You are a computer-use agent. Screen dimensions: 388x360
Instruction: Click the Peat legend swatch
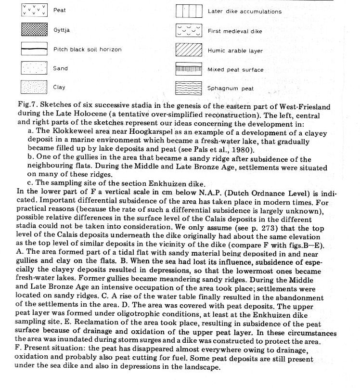(x=35, y=10)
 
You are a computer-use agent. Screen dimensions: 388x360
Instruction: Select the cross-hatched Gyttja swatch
(x=35, y=30)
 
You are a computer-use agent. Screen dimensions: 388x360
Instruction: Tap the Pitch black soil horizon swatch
(x=35, y=49)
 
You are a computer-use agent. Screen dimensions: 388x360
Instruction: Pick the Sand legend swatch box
(x=35, y=68)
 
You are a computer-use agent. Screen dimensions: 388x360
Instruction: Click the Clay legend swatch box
(x=35, y=88)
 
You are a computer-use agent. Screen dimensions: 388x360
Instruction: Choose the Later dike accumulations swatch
(x=189, y=11)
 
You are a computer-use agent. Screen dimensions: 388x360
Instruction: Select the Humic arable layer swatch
(x=189, y=50)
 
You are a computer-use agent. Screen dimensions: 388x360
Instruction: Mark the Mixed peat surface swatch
(x=189, y=69)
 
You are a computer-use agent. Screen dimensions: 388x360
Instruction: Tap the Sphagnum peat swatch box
(x=189, y=89)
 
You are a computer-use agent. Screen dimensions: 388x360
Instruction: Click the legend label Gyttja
(x=62, y=30)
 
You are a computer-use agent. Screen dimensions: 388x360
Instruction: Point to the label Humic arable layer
(x=233, y=51)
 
